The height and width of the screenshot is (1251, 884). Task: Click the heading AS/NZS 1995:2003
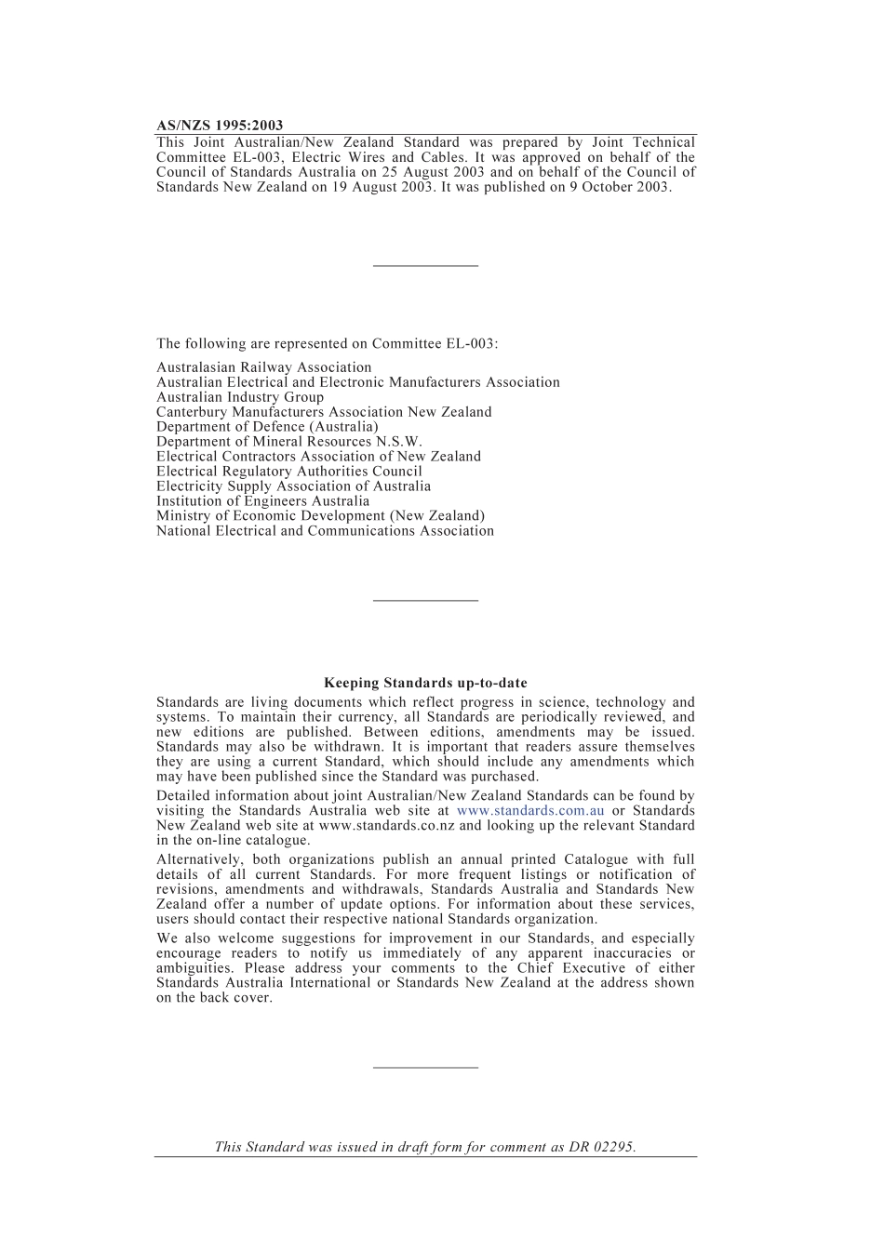[x=220, y=126]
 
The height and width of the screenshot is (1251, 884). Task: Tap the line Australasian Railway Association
[x=263, y=367]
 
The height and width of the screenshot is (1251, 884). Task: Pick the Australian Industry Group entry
[x=240, y=397]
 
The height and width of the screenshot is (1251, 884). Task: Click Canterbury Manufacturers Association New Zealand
[x=324, y=412]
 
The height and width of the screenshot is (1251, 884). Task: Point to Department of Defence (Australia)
[x=267, y=427]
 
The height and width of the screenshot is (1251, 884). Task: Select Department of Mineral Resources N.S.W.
[x=288, y=442]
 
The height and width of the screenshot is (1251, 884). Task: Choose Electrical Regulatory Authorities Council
[x=288, y=472]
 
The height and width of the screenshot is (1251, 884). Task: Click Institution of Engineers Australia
[x=262, y=501]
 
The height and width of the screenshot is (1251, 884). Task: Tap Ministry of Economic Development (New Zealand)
[x=320, y=516]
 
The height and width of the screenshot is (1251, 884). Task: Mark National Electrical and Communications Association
[x=325, y=531]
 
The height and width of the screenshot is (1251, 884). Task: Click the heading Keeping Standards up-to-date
[x=425, y=683]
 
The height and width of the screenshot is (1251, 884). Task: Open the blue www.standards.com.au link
[x=530, y=811]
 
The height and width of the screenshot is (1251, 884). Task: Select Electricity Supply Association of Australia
[x=293, y=486]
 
